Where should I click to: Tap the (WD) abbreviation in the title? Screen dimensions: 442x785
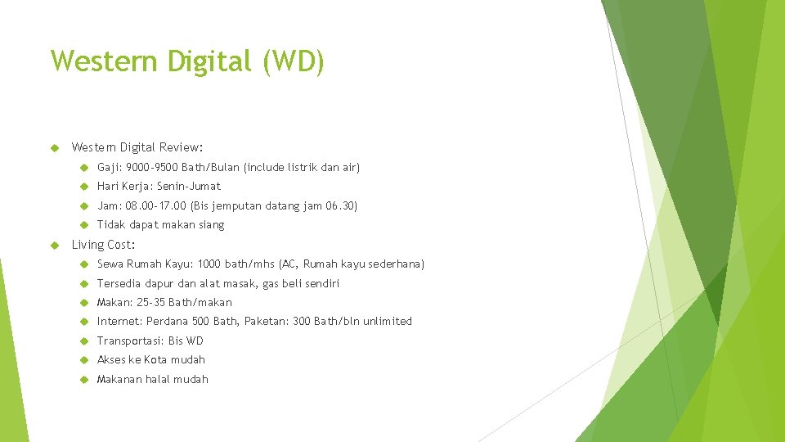pos(294,61)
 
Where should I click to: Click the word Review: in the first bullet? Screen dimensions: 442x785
pos(182,147)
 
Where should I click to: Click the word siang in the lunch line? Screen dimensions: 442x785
pos(210,224)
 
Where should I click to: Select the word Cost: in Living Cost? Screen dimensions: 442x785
pos(121,245)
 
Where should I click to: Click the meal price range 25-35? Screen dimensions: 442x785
pos(150,302)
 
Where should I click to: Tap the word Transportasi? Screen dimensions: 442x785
pos(130,341)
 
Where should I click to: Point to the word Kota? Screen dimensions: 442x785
pos(155,359)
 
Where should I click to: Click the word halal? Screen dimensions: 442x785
pos(158,379)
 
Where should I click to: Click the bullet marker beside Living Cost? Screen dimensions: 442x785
pos(56,245)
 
